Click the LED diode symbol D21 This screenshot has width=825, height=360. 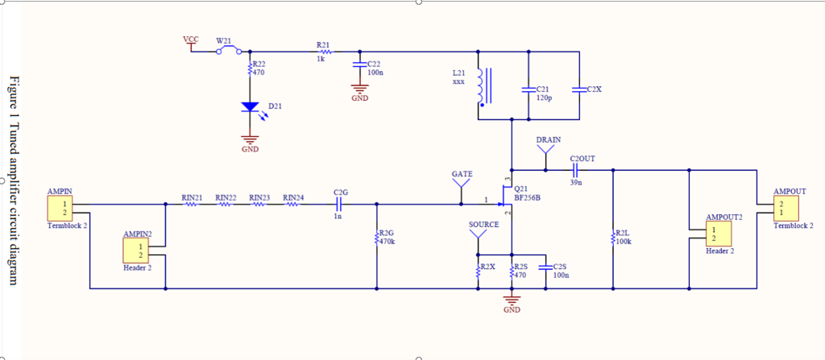click(250, 107)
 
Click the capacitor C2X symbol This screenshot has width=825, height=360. click(579, 88)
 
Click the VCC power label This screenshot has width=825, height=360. click(190, 39)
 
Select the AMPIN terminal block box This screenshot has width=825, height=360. click(59, 210)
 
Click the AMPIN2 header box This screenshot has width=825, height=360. click(134, 251)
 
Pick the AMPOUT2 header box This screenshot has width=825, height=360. click(717, 234)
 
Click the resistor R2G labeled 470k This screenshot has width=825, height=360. click(376, 238)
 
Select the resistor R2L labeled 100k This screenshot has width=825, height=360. click(613, 238)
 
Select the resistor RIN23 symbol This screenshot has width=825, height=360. click(259, 205)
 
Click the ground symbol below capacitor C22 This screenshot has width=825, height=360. click(359, 90)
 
